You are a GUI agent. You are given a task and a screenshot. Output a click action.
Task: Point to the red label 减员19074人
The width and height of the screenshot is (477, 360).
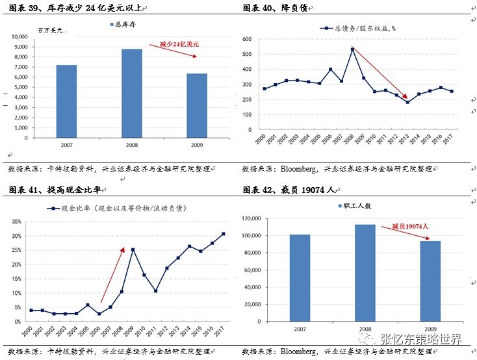click(410, 226)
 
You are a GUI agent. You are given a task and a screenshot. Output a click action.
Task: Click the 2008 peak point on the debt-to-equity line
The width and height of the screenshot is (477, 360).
click(352, 49)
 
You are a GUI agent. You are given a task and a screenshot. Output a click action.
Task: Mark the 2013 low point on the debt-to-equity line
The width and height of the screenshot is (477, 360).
click(407, 102)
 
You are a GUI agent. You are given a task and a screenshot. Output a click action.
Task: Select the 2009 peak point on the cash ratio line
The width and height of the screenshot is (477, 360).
click(133, 250)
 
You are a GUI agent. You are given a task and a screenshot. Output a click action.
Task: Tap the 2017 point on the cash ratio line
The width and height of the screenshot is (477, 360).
click(224, 234)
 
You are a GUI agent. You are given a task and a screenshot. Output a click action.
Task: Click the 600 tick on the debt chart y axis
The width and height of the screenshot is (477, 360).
click(246, 39)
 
